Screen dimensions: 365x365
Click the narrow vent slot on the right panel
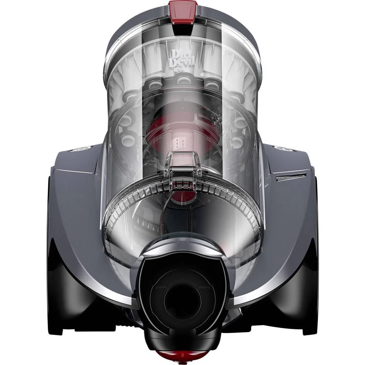point(291,178)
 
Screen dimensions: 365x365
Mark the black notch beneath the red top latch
point(183,23)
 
